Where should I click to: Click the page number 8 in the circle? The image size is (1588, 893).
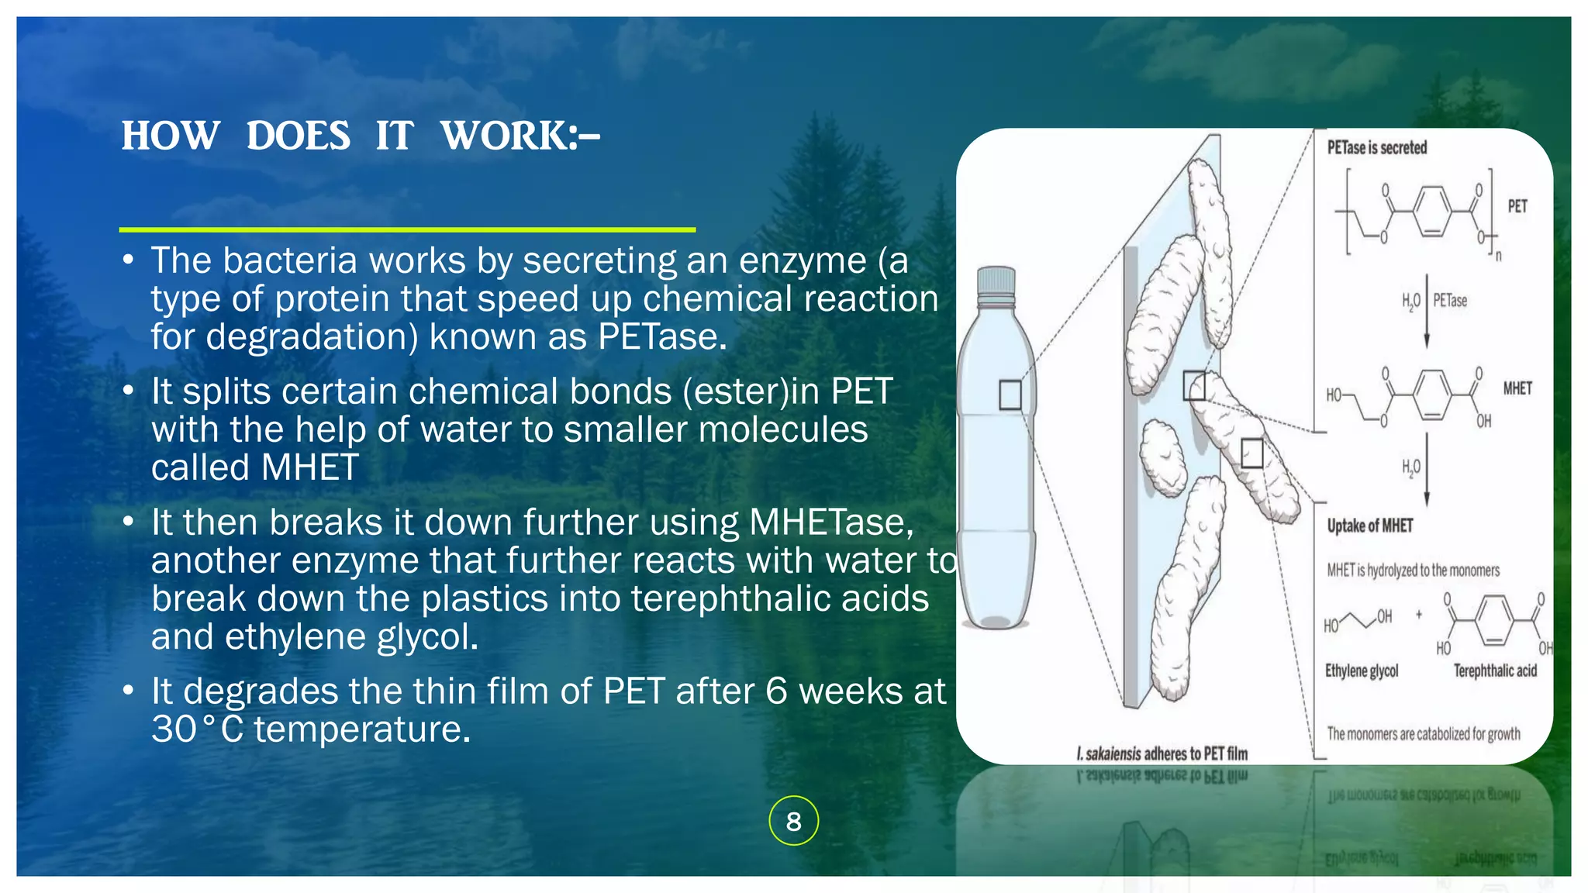pyautogui.click(x=793, y=821)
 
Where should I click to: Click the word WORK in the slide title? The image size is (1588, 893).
pyautogui.click(x=504, y=136)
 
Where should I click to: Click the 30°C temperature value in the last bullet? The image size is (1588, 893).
pyautogui.click(x=198, y=729)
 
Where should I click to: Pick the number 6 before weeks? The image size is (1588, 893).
pyautogui.click(x=776, y=691)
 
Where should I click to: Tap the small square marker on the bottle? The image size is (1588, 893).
pyautogui.click(x=1010, y=395)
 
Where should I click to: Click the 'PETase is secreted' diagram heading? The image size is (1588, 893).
pyautogui.click(x=1376, y=147)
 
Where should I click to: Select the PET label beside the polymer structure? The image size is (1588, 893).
pyautogui.click(x=1517, y=206)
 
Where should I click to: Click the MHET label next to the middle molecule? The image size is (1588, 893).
pyautogui.click(x=1517, y=388)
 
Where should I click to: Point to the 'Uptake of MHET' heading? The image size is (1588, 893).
pyautogui.click(x=1369, y=526)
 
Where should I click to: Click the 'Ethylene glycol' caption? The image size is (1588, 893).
pyautogui.click(x=1361, y=671)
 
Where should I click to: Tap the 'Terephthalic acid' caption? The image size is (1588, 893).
pyautogui.click(x=1494, y=671)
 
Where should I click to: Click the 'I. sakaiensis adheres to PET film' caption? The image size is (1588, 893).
pyautogui.click(x=1162, y=753)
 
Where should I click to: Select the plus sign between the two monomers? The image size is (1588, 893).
pyautogui.click(x=1419, y=615)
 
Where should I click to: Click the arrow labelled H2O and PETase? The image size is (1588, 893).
pyautogui.click(x=1426, y=310)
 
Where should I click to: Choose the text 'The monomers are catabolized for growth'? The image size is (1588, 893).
pyautogui.click(x=1423, y=733)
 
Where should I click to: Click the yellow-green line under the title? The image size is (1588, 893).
pyautogui.click(x=407, y=229)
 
